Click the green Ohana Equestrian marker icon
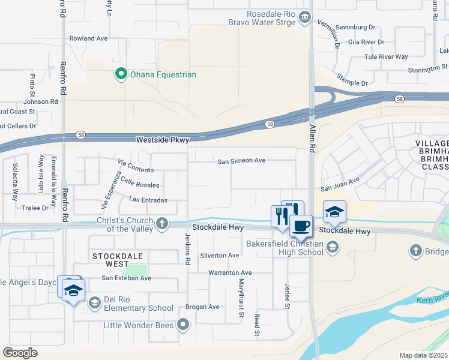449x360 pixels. [121, 74]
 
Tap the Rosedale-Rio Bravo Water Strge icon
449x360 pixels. [305, 16]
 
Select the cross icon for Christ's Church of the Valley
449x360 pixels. [161, 224]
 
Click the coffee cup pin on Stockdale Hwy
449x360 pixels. [301, 226]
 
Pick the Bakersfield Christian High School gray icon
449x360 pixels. [332, 247]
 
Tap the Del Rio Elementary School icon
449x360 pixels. [94, 302]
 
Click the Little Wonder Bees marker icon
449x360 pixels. [183, 325]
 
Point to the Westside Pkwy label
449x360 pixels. [163, 140]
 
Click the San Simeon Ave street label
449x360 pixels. [241, 161]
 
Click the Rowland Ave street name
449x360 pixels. [88, 38]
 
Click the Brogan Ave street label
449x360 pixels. [202, 307]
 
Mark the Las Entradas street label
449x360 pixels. [148, 200]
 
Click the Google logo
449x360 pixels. [20, 353]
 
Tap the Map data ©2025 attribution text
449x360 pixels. [423, 355]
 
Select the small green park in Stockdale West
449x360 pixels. [139, 271]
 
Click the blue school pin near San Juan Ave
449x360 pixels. [334, 211]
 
